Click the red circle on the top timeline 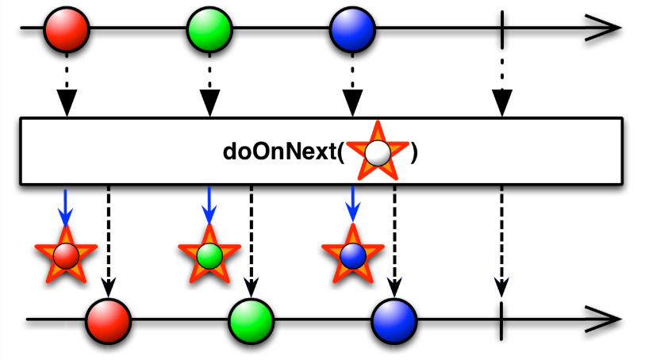[67, 29]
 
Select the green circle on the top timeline [209, 29]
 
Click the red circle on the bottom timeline [109, 320]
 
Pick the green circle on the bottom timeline [251, 320]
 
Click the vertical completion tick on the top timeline [501, 29]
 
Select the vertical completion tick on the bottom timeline [501, 320]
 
